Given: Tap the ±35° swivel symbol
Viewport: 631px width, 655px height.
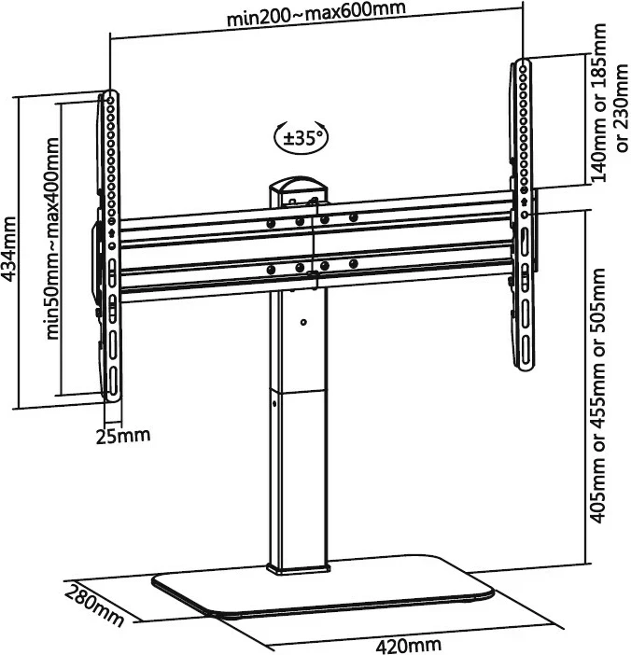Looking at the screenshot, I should pyautogui.click(x=300, y=138).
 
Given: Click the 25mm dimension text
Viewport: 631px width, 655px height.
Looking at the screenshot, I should pyautogui.click(x=121, y=435).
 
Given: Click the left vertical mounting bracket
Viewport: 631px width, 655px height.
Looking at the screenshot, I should pyautogui.click(x=110, y=247).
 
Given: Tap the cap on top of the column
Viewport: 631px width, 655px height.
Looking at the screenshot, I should pyautogui.click(x=298, y=188).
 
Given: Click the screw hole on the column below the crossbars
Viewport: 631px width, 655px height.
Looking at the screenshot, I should pyautogui.click(x=304, y=323).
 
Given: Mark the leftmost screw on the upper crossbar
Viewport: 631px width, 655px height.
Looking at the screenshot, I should pyautogui.click(x=271, y=222).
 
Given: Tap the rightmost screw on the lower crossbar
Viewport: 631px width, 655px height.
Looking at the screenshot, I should pyautogui.click(x=354, y=264).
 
